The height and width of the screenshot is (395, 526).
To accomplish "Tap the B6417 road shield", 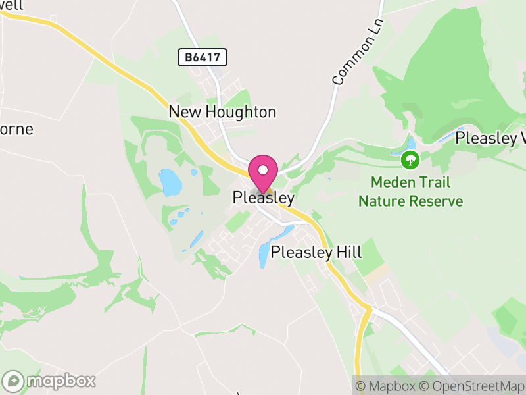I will coord(203,57).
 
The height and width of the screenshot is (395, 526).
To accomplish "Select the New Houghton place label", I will coord(222,112).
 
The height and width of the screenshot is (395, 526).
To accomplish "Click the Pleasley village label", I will coord(263,197).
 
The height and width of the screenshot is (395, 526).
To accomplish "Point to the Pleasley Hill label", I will coord(316,251).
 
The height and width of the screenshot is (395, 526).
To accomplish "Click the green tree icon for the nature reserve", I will coord(410,159).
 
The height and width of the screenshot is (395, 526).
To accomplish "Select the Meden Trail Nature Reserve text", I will coord(410,191).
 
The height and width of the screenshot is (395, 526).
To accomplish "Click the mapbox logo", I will coord(49,381).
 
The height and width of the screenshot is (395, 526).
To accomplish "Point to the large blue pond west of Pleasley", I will coord(170,182).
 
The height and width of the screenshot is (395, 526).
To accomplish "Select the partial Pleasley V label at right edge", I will coord(490,138).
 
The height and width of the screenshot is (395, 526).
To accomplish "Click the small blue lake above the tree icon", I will coord(412,143).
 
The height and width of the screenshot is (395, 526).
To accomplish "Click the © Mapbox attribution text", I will coord(388,386).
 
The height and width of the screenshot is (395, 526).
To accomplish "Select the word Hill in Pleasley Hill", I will coord(349,251).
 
